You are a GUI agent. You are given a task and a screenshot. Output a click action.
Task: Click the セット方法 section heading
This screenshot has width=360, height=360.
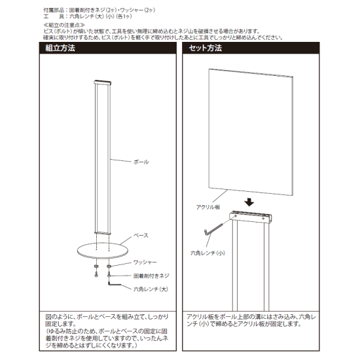205,48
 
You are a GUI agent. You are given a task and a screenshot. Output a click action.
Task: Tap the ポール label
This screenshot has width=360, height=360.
141,161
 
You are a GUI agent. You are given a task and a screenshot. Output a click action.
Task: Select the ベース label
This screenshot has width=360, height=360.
141,234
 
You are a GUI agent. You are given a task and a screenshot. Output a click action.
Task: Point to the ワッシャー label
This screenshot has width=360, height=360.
145,261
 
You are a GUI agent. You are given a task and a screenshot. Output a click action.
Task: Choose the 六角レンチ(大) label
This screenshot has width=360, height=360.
148,288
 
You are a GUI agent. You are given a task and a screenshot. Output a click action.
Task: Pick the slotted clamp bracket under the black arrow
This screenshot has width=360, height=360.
251,217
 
